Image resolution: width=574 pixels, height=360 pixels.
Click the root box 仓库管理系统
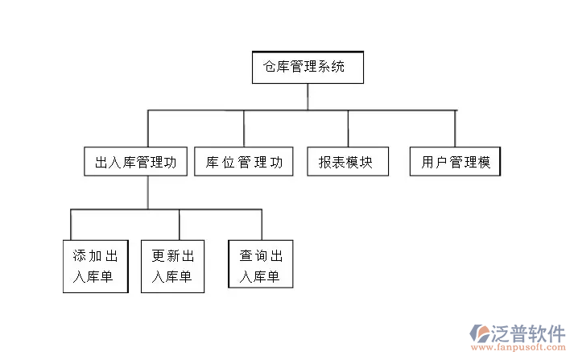[308, 68]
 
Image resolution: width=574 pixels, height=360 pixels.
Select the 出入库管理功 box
[135, 162]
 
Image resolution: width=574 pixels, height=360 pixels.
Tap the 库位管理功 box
[244, 162]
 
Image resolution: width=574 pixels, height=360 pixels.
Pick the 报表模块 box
[347, 162]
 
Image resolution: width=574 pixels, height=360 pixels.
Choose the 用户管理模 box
[455, 162]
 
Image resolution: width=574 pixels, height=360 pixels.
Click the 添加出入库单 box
[95, 267]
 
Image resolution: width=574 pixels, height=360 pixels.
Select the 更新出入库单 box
[172, 267]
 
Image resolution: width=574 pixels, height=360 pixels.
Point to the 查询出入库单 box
[260, 267]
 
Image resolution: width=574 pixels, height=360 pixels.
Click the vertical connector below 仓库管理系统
[308, 96]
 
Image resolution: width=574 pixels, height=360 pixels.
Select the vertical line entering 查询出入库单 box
[261, 225]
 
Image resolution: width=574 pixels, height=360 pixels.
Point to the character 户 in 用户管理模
[441, 163]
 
